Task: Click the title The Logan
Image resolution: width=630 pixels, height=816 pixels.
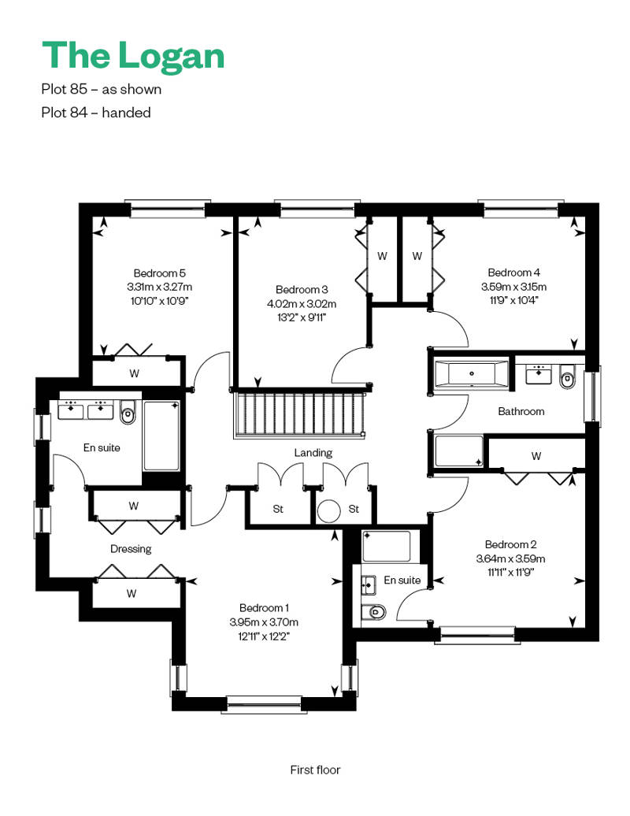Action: (x=133, y=55)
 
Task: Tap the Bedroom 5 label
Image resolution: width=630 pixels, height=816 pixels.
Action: (x=159, y=273)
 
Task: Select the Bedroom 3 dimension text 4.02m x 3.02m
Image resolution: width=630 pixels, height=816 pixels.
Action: (x=302, y=303)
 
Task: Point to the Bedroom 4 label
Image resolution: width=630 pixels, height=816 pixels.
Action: (x=513, y=273)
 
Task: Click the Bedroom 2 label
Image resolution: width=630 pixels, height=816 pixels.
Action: (x=510, y=544)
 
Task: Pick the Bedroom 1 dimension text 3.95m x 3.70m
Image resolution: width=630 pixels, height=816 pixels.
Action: (x=264, y=622)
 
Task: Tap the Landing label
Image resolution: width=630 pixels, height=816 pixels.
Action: (x=313, y=453)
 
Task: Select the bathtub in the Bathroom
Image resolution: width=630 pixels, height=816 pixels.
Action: (x=472, y=373)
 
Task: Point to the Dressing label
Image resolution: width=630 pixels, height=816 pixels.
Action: (x=131, y=549)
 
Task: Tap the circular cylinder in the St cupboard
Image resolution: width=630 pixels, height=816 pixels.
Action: (x=329, y=511)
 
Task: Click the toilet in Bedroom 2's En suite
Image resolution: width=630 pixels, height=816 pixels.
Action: (x=375, y=612)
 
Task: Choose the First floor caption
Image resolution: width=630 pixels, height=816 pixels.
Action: (x=315, y=770)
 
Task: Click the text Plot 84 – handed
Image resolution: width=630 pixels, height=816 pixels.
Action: (x=96, y=113)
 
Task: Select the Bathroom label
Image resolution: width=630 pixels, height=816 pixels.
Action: (x=521, y=411)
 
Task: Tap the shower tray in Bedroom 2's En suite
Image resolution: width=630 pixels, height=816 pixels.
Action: (x=387, y=546)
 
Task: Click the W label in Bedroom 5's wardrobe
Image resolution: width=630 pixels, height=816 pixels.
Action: (x=134, y=373)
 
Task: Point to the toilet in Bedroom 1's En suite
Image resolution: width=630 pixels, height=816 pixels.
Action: (x=128, y=413)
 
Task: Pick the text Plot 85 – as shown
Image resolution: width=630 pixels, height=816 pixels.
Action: (x=102, y=90)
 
